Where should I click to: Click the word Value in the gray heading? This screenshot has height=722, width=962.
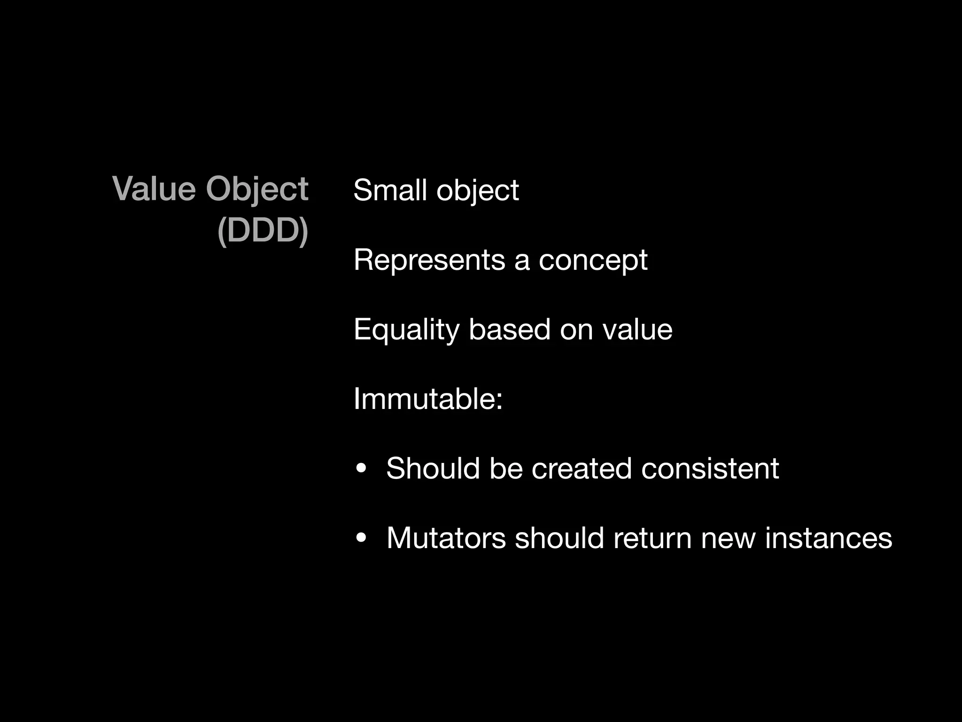pos(154,189)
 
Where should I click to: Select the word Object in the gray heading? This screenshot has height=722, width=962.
pos(257,190)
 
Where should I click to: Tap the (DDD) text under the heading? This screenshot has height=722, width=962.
pos(263,231)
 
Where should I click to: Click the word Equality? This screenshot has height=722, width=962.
pos(406,330)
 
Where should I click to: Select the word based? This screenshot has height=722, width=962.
pos(509,329)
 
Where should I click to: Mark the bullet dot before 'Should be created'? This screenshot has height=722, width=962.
pos(361,469)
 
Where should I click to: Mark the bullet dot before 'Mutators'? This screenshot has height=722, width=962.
pos(361,538)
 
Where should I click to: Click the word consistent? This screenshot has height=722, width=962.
pos(710,468)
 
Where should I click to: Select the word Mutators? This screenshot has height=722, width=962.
pos(446,538)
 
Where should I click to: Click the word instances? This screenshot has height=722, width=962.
pos(828,538)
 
